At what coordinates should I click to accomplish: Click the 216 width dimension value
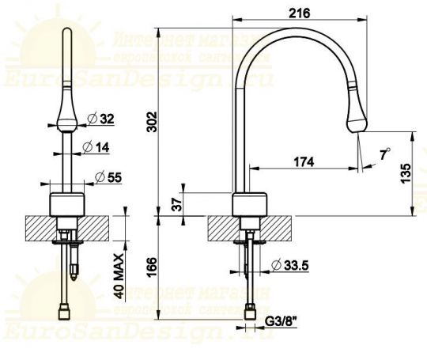299,12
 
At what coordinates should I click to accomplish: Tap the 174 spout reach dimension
303,161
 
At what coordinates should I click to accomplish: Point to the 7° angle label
384,156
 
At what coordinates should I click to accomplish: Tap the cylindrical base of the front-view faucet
66,203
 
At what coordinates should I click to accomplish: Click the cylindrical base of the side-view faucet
250,203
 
